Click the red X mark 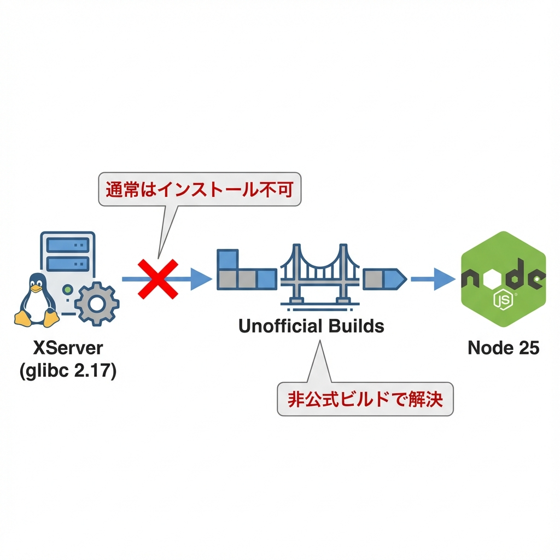(157, 279)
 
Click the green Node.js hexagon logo (504, 279)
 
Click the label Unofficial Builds (311, 326)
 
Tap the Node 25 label (504, 348)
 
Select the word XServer (68, 348)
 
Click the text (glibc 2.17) (68, 372)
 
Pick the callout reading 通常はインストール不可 (200, 190)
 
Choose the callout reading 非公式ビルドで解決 (365, 400)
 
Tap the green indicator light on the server (67, 288)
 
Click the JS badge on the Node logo (501, 300)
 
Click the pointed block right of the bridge (384, 278)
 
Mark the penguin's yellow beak (36, 287)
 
